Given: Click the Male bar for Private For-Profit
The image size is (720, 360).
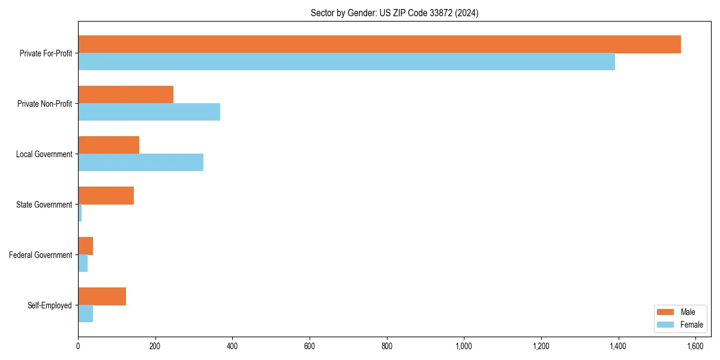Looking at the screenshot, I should [x=379, y=44].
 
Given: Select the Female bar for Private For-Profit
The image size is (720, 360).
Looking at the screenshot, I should [x=346, y=62].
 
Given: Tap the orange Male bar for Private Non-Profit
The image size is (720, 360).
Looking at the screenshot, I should [x=125, y=95].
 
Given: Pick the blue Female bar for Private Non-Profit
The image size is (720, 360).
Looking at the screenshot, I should [x=149, y=112].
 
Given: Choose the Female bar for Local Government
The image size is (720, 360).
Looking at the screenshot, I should [x=140, y=163].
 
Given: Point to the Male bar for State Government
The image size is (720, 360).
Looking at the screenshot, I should [x=106, y=196].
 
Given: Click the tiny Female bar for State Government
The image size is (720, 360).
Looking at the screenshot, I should [x=80, y=213].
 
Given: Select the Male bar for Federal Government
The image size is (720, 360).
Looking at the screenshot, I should [x=85, y=246].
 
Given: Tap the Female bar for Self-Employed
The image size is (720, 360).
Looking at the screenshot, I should [x=85, y=314].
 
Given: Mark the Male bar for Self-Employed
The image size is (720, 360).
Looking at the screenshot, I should [x=102, y=296].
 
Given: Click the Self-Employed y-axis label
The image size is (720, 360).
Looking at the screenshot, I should [x=49, y=305].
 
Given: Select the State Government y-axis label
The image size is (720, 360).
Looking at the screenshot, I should [x=44, y=205].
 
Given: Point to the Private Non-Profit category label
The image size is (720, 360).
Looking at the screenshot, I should [x=44, y=104].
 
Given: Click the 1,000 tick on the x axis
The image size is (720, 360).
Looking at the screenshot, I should [x=464, y=346].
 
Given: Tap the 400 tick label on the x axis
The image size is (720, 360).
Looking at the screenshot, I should [x=232, y=346].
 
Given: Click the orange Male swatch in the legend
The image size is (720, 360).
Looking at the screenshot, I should [x=666, y=312].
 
